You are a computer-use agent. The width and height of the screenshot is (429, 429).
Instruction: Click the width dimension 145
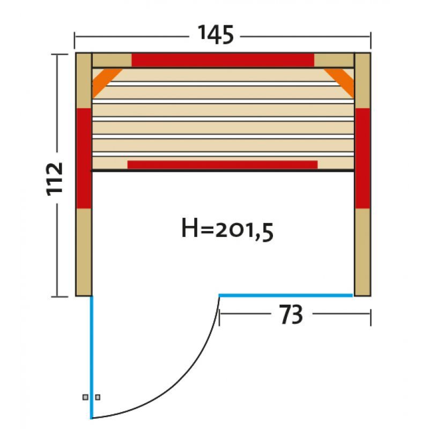pos(216,35)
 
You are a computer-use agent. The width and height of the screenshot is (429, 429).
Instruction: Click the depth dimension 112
pos(55,179)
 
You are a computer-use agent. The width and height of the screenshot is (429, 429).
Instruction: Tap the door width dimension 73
pos(291,314)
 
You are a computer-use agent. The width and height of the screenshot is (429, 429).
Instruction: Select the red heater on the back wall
pos(223,60)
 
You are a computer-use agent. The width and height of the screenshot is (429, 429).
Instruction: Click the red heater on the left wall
pos(84,158)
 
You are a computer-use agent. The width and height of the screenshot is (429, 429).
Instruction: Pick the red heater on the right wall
pos(363,158)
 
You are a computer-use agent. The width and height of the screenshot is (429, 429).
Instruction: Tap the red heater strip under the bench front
pos(223,165)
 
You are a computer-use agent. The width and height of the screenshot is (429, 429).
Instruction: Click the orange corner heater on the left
pos(105,82)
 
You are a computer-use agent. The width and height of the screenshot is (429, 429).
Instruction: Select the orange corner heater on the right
pos(340,82)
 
